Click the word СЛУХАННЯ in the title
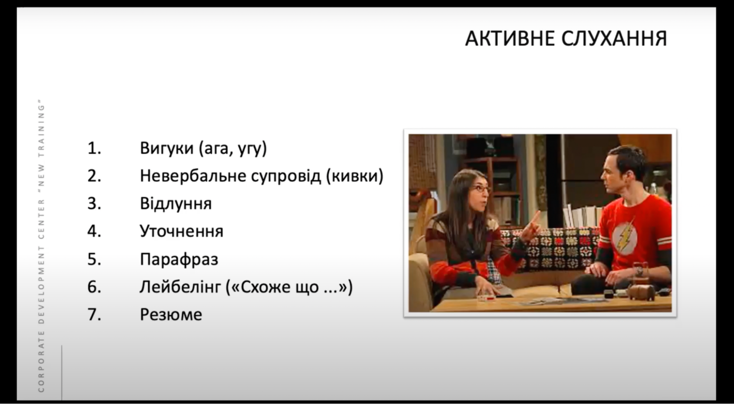coord(614,39)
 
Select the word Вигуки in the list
coord(167,148)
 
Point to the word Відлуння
coord(176,204)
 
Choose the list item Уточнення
coord(182,231)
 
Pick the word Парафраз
coord(179,259)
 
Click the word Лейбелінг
coord(180,287)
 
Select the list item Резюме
coord(171,314)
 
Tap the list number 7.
coord(94,314)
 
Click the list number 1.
coord(94,148)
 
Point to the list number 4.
coord(94,231)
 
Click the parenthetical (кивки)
coord(355,176)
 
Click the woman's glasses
coord(481,189)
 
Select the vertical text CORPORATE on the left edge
coord(41,361)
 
